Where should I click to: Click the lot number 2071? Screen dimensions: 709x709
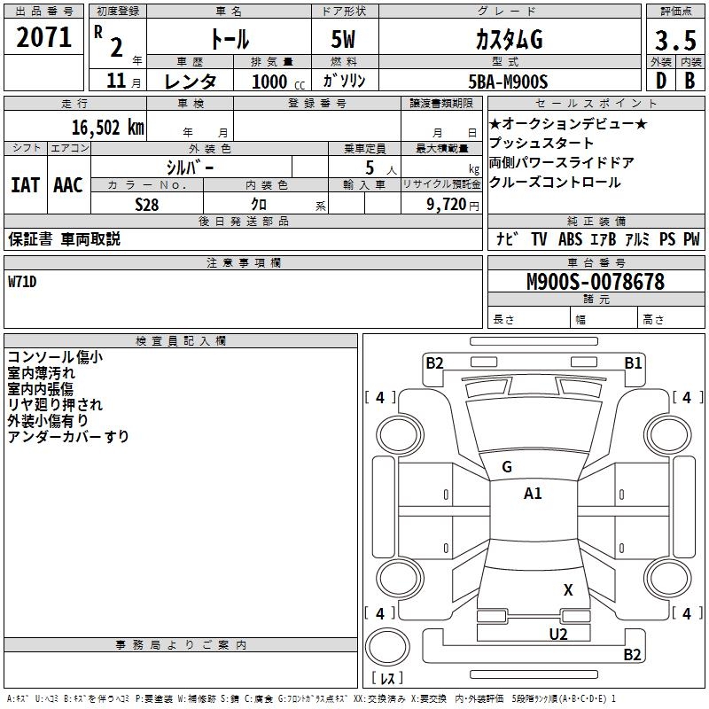tap(43, 37)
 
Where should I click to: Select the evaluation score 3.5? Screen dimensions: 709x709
tap(673, 40)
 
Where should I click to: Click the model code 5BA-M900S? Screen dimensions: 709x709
tap(508, 82)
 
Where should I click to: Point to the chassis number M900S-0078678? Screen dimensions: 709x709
tap(595, 282)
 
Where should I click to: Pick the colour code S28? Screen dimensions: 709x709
tap(146, 205)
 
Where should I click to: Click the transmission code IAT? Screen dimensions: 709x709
tap(25, 185)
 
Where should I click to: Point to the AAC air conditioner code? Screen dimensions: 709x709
tap(68, 185)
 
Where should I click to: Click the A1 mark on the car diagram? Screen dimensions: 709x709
tap(533, 494)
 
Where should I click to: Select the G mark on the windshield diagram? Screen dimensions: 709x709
tap(507, 467)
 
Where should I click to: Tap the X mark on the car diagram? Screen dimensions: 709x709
tap(568, 589)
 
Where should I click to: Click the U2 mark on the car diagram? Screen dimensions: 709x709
tap(557, 634)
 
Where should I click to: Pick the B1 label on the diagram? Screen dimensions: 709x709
tap(633, 362)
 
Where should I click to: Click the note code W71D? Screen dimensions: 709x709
tap(25, 282)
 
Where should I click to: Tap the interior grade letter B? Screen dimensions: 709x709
tap(689, 82)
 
